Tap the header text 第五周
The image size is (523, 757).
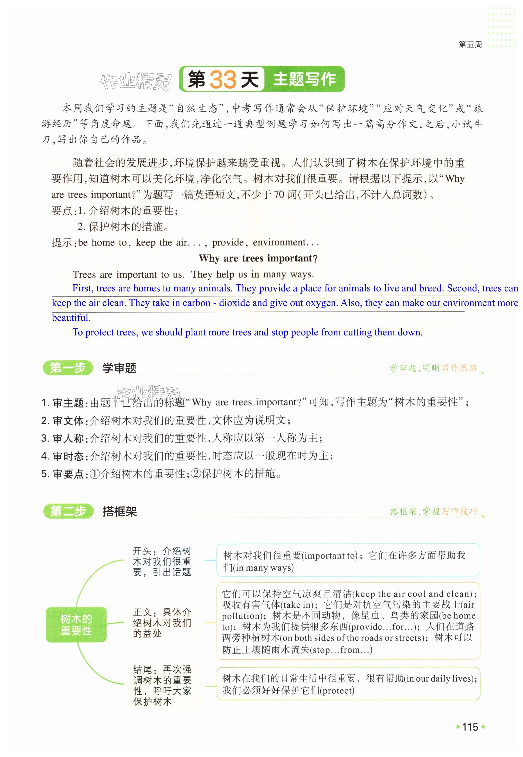point(470,45)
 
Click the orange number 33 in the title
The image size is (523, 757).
point(223,79)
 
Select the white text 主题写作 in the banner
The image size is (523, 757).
point(304,79)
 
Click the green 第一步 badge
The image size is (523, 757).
point(67,368)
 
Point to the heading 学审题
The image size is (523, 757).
point(119,368)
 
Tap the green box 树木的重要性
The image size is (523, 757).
point(76,625)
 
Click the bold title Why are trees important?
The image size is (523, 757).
point(258,258)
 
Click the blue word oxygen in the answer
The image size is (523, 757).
point(321,302)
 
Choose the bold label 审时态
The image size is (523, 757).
point(68,456)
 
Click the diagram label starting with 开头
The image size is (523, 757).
point(162,561)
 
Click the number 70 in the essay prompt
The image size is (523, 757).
point(279,195)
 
